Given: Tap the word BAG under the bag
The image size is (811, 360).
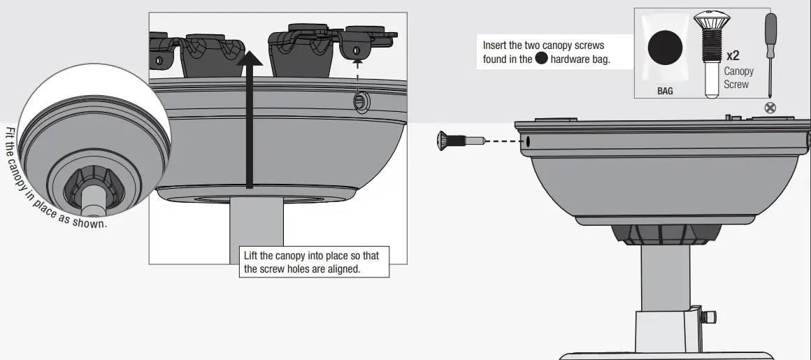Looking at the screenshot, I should [665, 91].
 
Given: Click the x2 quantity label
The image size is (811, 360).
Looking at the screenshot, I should [733, 55].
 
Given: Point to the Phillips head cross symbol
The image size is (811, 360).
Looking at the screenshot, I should [771, 107].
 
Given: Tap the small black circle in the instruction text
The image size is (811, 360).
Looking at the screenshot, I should [541, 59].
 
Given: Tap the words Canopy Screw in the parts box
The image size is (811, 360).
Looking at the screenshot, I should [738, 78].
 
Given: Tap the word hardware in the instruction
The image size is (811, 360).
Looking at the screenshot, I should [570, 59].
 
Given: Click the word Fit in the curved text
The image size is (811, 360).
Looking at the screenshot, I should [10, 134].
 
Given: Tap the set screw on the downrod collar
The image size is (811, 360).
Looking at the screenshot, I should [709, 317].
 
